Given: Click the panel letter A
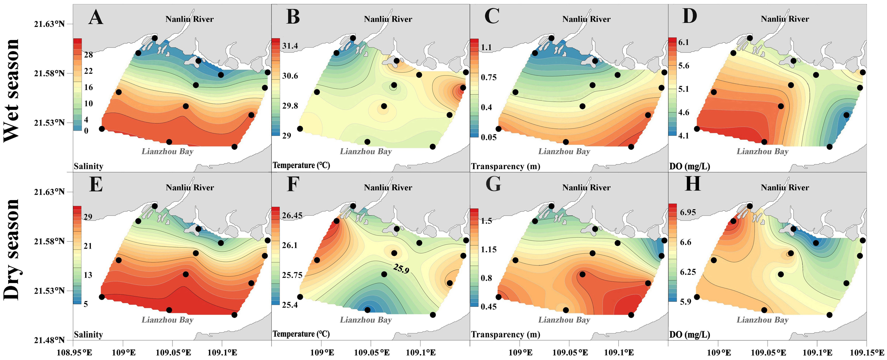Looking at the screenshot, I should [x=96, y=17].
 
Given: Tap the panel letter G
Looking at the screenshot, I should [x=493, y=184].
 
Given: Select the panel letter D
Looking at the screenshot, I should [x=690, y=16].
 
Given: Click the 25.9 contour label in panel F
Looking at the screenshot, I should [x=401, y=269].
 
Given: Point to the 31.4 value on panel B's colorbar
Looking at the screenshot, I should [x=290, y=46].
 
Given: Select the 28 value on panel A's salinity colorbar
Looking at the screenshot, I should [x=88, y=55].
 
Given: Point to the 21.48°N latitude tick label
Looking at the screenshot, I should [x=49, y=340].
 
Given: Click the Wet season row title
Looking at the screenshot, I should [x=11, y=90].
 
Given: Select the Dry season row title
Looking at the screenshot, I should [x=11, y=249].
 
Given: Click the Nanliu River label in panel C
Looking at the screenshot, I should [x=586, y=19].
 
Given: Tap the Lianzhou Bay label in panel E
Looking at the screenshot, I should [x=167, y=320].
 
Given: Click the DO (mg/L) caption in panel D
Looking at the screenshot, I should [x=689, y=166].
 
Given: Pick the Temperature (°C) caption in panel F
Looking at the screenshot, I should [x=301, y=334].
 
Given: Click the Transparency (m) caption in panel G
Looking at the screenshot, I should [x=505, y=334].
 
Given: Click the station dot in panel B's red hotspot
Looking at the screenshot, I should [x=463, y=88].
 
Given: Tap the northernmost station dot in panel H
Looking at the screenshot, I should [x=750, y=206].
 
